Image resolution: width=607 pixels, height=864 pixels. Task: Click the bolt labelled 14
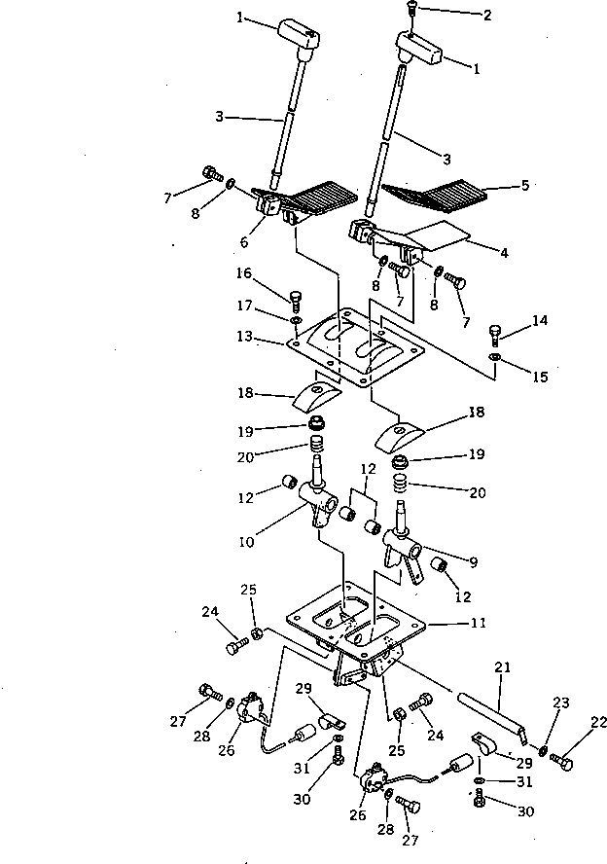tap(496, 336)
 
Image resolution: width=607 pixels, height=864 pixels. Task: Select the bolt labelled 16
tap(296, 296)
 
